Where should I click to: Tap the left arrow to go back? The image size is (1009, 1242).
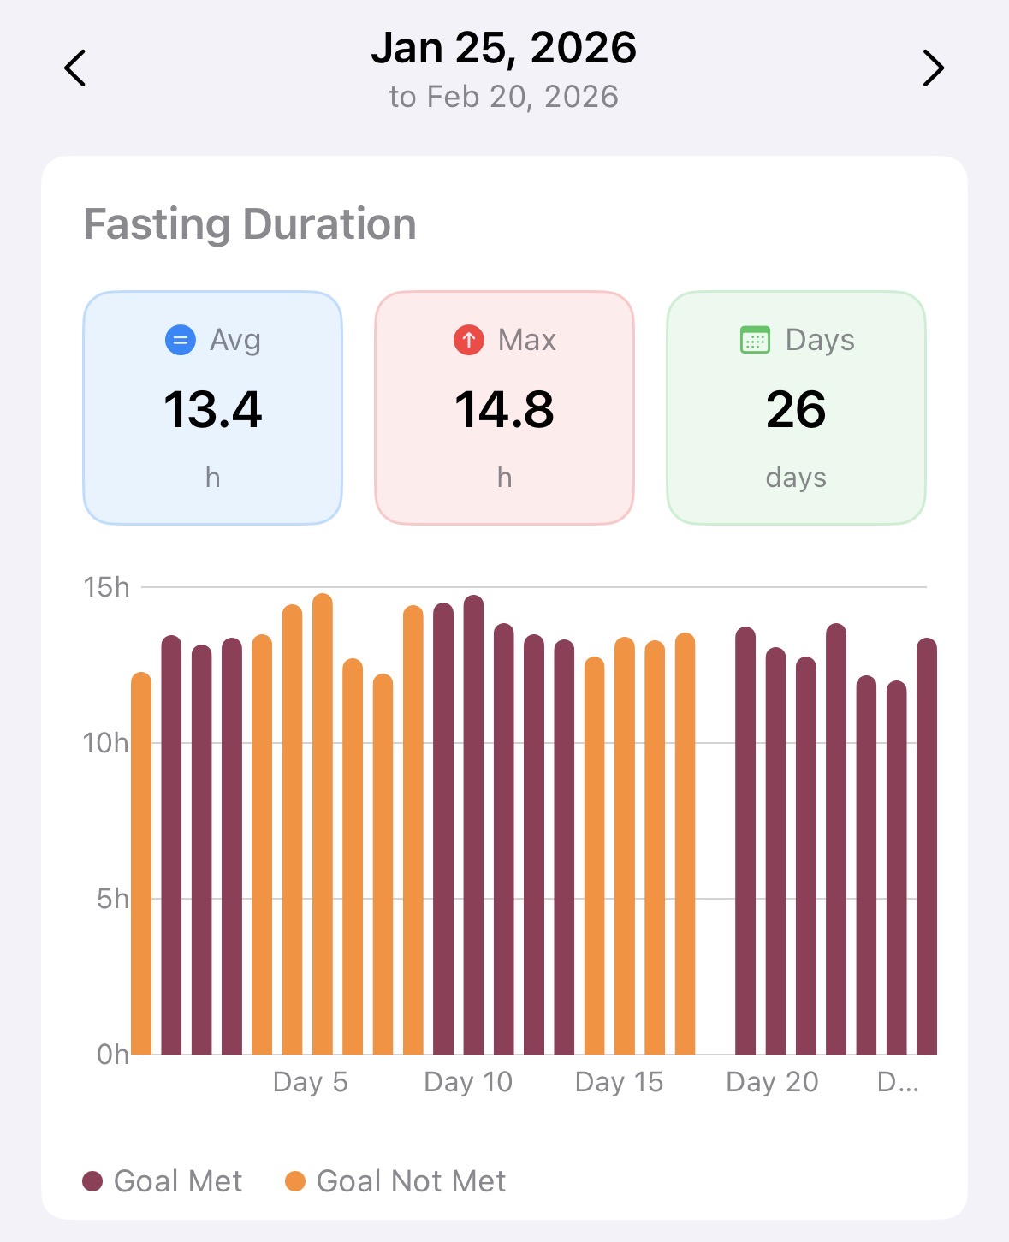[75, 68]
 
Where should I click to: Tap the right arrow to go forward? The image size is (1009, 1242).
[933, 68]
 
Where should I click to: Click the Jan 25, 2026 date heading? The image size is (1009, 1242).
[504, 48]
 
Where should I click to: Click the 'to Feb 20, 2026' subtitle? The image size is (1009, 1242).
[504, 97]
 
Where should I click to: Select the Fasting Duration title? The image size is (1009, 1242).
[250, 224]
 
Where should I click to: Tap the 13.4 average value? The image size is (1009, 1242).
[213, 409]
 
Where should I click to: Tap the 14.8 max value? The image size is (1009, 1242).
[504, 409]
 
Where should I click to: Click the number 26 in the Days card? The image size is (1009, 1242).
[796, 409]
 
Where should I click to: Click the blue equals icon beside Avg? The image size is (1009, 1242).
[181, 340]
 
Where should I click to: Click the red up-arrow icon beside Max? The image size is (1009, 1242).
[469, 340]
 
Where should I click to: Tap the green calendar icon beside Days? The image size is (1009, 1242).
[755, 340]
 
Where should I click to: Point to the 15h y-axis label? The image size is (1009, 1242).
[107, 587]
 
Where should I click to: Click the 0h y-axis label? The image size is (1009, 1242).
[112, 1055]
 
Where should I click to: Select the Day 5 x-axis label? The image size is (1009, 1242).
[311, 1082]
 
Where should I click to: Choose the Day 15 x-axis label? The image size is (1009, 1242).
[620, 1082]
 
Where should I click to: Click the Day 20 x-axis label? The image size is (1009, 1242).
[772, 1082]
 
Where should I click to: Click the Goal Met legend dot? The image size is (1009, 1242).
[92, 1181]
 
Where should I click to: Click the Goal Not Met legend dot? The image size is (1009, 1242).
[295, 1181]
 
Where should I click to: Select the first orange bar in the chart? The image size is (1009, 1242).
[141, 865]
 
